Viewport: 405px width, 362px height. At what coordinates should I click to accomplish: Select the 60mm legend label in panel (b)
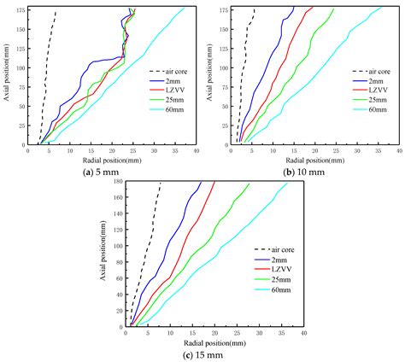click(x=378, y=109)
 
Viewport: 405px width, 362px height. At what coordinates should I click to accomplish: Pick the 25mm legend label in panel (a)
click(x=174, y=100)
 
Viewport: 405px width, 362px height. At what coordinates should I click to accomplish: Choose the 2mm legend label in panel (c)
click(x=279, y=260)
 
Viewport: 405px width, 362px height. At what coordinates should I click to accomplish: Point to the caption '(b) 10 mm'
click(x=303, y=172)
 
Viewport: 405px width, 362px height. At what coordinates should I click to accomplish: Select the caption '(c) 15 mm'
click(x=202, y=355)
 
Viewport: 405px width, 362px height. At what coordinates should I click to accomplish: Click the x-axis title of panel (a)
click(x=112, y=161)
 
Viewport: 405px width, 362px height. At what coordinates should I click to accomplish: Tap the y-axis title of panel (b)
click(x=209, y=72)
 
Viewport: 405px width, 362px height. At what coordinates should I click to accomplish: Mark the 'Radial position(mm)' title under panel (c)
click(x=214, y=343)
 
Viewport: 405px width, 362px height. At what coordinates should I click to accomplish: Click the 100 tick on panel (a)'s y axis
click(x=21, y=68)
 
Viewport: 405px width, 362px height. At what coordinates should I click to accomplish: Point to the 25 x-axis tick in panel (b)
click(x=336, y=150)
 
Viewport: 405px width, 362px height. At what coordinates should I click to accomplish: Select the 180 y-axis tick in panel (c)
click(x=119, y=181)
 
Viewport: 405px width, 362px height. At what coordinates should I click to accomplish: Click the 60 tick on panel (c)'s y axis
click(x=120, y=278)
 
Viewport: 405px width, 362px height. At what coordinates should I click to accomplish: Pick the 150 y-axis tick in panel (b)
click(x=225, y=30)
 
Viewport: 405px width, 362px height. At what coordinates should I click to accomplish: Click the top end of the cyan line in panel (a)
click(x=185, y=9)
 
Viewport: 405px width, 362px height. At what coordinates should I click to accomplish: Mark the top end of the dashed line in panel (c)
click(x=161, y=183)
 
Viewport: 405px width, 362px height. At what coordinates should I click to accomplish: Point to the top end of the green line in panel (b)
click(x=334, y=9)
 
